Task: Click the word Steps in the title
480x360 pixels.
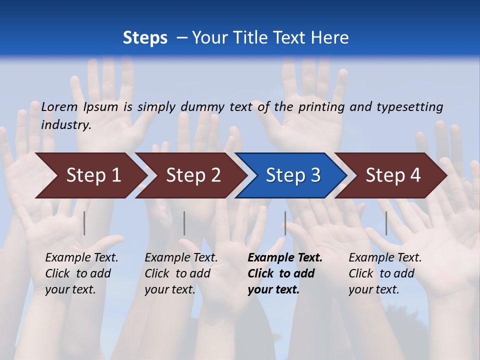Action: tap(145, 38)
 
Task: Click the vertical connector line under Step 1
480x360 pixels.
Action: tap(84, 223)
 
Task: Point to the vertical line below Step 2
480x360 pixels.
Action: tap(184, 223)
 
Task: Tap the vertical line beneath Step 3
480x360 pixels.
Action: tap(285, 223)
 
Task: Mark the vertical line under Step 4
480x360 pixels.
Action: tap(386, 223)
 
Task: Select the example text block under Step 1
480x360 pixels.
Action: tap(81, 273)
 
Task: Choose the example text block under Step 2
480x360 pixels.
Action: tap(181, 273)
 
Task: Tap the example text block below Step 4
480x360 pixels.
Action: tap(385, 273)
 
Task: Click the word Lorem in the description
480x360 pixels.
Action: tap(59, 106)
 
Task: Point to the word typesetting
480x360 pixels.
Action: tap(409, 106)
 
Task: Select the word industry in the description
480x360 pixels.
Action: tap(66, 125)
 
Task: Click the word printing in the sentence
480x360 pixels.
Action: tap(320, 106)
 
